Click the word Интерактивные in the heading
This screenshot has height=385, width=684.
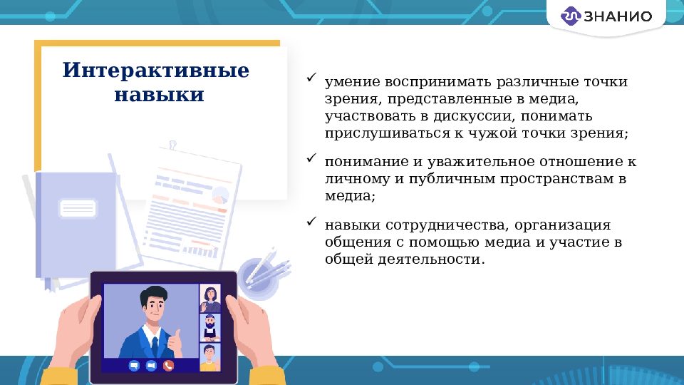click(x=156, y=71)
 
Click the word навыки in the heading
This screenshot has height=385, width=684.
click(x=159, y=95)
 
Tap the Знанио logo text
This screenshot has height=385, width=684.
click(x=617, y=16)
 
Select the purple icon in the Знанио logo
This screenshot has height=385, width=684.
click(x=571, y=16)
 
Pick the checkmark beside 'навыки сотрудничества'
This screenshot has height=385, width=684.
click(x=311, y=222)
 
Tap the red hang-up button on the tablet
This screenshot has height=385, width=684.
click(x=169, y=365)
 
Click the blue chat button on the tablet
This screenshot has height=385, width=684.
click(x=133, y=365)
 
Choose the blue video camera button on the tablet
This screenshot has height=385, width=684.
click(x=151, y=365)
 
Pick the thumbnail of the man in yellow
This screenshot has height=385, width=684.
click(x=210, y=356)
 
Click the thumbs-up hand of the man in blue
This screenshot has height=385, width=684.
click(x=177, y=335)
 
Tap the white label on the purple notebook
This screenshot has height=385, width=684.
click(x=78, y=208)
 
